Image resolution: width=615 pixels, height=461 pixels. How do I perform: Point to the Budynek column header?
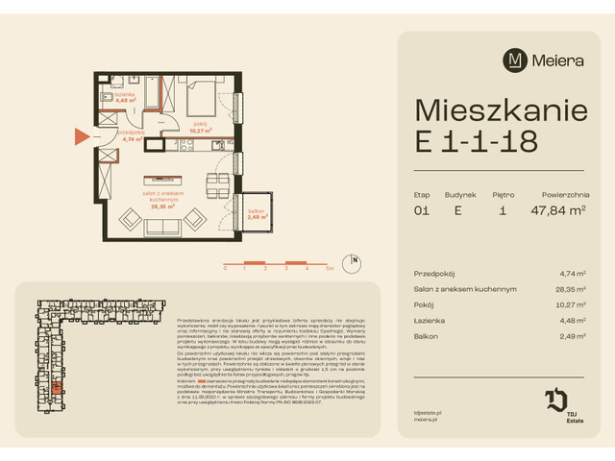tap(459, 194)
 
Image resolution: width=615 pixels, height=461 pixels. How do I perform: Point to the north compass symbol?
tap(355, 259)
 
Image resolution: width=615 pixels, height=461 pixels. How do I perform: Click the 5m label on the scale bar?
tap(330, 270)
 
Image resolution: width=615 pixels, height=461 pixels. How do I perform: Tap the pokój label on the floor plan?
tap(200, 124)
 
